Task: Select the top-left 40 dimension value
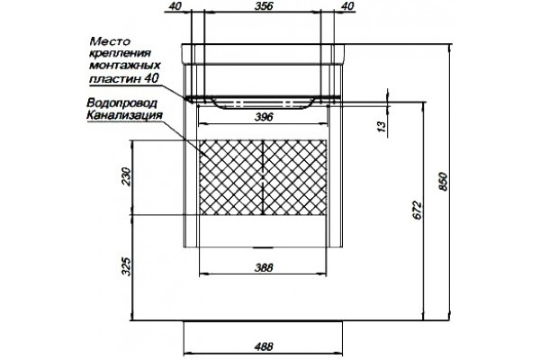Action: [175, 6]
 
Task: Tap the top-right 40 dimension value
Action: [349, 6]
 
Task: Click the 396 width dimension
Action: [264, 117]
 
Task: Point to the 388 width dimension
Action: [264, 267]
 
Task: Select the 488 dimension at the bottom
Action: [264, 346]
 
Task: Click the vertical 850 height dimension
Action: [443, 182]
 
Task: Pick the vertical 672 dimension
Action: [417, 210]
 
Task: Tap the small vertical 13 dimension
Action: [382, 126]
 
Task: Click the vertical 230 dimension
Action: [126, 176]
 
